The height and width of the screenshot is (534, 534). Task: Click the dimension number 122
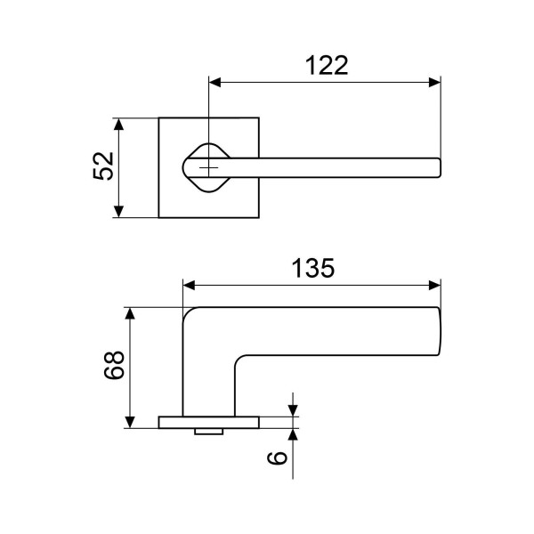point(326,66)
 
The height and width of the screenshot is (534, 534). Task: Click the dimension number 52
point(104,166)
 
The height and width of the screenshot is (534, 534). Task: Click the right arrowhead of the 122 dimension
point(434,83)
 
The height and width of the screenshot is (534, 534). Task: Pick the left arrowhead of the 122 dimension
point(215,83)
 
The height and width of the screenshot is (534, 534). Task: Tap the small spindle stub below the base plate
point(208,432)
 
